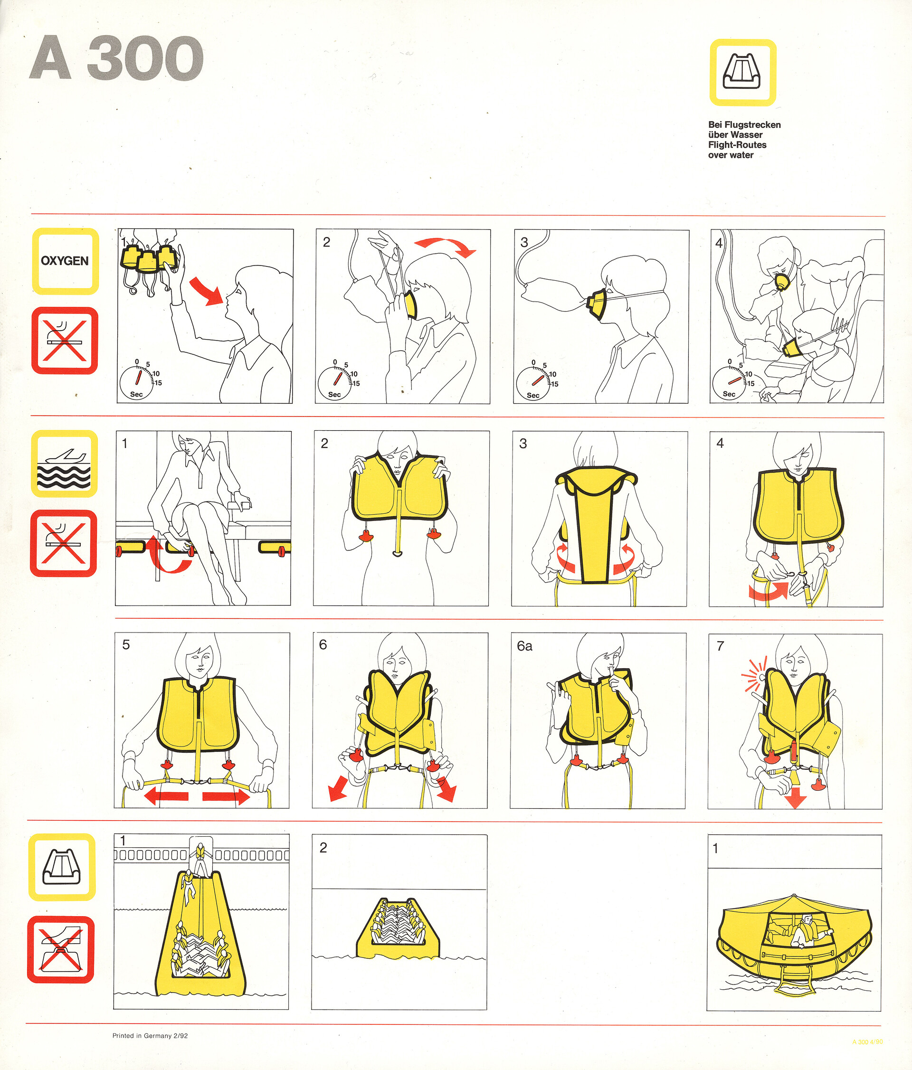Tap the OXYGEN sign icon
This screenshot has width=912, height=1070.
tap(65, 261)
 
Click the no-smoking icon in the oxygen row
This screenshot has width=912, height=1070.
tap(65, 341)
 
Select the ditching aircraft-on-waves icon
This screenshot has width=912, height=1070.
tap(65, 463)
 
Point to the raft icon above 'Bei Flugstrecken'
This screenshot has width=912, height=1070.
tap(742, 72)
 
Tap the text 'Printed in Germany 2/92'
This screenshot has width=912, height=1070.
tap(150, 1035)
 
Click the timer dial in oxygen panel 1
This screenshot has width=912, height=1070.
tap(137, 383)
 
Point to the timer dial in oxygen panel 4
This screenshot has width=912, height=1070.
tap(729, 382)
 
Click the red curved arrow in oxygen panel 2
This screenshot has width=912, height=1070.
tap(445, 245)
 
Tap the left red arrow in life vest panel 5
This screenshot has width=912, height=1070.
tap(166, 796)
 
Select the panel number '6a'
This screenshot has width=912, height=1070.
tap(525, 646)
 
